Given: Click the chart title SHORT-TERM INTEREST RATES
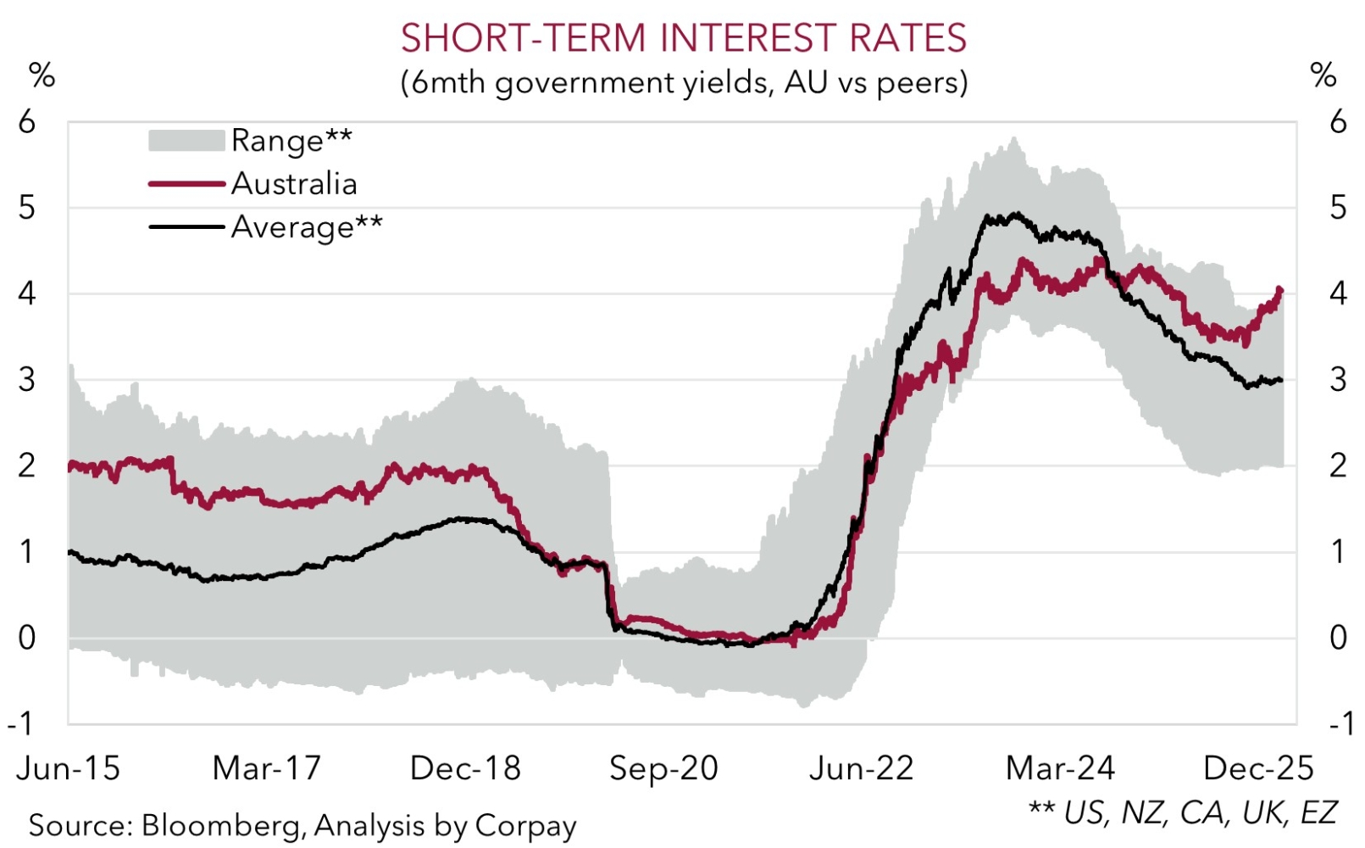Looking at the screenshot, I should tap(683, 38).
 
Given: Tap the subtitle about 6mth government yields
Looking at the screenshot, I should tap(683, 82).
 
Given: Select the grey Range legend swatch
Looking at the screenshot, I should tap(186, 140).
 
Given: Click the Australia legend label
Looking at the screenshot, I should tap(294, 184).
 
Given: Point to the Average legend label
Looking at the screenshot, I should tap(307, 227).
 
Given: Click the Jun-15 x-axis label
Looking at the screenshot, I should tap(68, 768).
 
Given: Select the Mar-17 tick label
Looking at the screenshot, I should tap(267, 768).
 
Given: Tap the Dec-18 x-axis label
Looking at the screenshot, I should tap(465, 768).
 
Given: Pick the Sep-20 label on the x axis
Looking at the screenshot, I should tap(663, 768).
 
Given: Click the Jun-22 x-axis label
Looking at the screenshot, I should tap(862, 768).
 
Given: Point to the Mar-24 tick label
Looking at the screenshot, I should tap(1060, 768).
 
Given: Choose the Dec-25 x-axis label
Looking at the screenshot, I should tap(1258, 768).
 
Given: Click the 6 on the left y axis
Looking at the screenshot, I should tap(27, 122).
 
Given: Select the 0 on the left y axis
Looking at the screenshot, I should tap(27, 638).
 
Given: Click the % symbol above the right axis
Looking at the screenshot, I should tap(1323, 75).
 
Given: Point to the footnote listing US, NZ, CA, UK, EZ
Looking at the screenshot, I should tap(1183, 812).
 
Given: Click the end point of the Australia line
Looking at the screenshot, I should tap(1279, 291).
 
